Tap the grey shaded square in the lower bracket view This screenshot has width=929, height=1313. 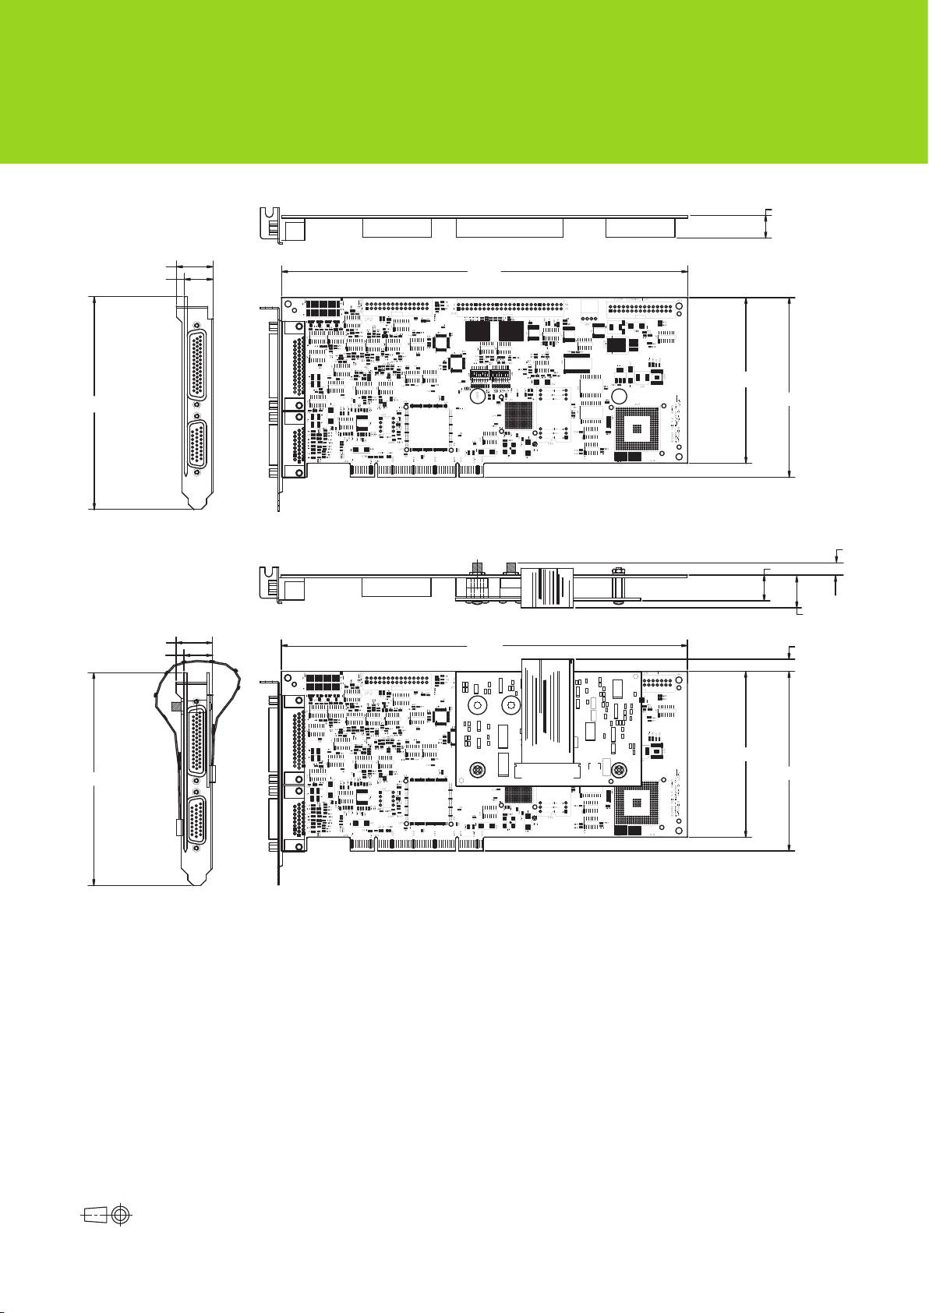click(x=176, y=706)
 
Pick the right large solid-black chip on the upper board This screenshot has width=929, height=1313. click(x=513, y=332)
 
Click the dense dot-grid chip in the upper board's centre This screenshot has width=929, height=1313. click(x=521, y=414)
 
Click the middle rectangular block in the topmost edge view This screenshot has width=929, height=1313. click(x=509, y=228)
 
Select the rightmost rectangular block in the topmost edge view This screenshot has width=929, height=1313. click(x=640, y=228)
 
